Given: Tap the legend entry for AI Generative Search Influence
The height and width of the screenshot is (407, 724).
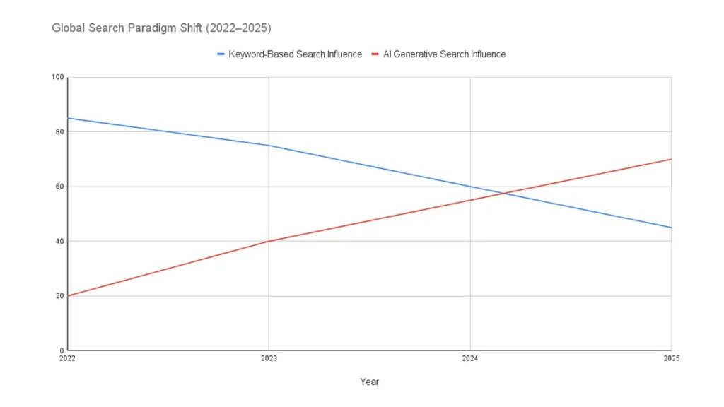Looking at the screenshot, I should (x=444, y=54).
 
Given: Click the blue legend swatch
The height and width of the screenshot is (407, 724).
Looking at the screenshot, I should (x=221, y=54).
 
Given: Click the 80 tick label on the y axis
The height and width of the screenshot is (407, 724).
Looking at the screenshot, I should (x=59, y=132).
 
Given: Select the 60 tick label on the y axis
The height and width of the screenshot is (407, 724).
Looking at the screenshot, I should (x=59, y=187).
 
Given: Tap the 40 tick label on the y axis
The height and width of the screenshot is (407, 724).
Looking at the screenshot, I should (x=59, y=241).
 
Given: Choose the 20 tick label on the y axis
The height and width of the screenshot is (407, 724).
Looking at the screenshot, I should (x=59, y=296).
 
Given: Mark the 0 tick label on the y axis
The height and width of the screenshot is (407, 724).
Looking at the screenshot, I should (x=61, y=350).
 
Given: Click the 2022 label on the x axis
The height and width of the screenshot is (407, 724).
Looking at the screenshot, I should (x=68, y=360).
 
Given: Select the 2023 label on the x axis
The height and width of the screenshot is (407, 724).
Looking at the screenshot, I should (x=269, y=360).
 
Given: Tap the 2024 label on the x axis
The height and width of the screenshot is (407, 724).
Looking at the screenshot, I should (x=470, y=360).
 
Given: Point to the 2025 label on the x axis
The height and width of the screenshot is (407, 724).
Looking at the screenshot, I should (x=670, y=360).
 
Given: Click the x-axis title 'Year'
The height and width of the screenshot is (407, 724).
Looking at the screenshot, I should (x=369, y=382).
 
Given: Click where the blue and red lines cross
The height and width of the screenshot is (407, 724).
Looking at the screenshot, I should (x=503, y=193).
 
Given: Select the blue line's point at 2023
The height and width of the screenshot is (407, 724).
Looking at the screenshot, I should (x=269, y=146).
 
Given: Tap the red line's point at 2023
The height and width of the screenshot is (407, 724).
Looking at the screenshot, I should (x=269, y=241).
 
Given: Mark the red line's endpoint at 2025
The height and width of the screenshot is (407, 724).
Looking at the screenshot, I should (x=671, y=159).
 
